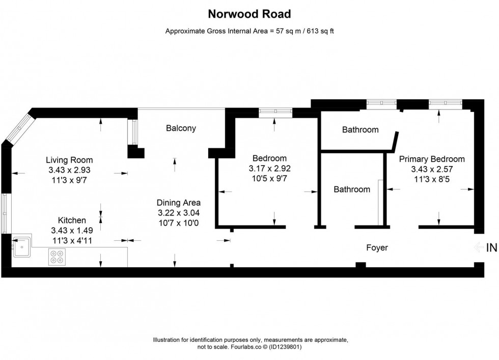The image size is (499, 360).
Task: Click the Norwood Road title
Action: coord(249,14)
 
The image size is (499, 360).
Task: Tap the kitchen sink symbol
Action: coord(22,248)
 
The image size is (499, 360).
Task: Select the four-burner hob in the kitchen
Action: coord(57,257)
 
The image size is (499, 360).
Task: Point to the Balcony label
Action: coord(181,128)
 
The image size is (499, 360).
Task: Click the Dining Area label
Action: coord(178,202)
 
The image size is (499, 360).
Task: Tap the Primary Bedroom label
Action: coord(432,159)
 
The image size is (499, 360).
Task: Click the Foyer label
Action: coord(377,248)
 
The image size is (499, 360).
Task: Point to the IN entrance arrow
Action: coord(478,248)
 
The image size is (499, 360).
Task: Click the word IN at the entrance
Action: coord(491,248)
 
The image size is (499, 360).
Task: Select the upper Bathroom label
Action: coord(360,130)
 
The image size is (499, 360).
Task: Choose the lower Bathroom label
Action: coord(352,189)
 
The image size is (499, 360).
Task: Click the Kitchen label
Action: coord(72,220)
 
